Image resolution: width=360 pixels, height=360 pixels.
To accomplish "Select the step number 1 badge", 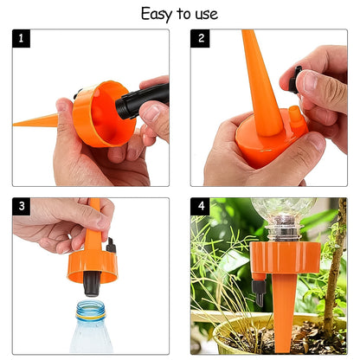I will pos(21,39).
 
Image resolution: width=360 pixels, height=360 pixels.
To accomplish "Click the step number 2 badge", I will pos(202,39).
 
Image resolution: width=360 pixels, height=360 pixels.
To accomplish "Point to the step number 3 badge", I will pos(21,207).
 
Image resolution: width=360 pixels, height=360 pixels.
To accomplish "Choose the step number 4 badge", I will pos(202,207).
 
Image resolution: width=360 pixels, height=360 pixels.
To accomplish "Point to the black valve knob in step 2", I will pos(298,79).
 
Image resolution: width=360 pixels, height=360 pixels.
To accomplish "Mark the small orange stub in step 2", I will pos(295,114).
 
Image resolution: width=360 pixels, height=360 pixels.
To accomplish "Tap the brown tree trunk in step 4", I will pos(332,277).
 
